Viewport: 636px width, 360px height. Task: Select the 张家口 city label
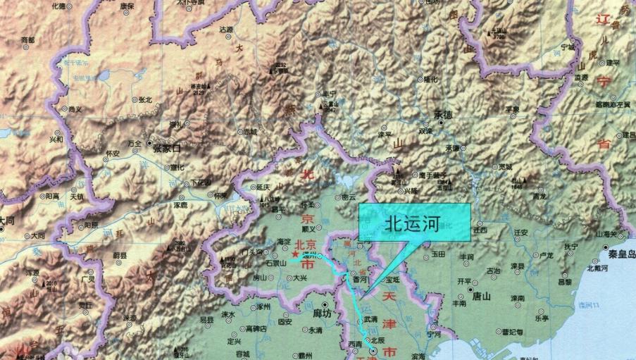pyautogui.click(x=167, y=149)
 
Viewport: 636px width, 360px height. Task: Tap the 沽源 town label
pyautogui.click(x=226, y=30)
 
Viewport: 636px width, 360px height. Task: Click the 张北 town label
pyautogui.click(x=145, y=99)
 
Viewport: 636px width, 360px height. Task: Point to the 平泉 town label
pyautogui.click(x=512, y=109)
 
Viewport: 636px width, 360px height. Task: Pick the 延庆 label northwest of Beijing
pyautogui.click(x=263, y=187)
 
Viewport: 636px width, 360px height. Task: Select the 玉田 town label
pyautogui.click(x=438, y=253)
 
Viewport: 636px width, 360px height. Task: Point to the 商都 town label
pyautogui.click(x=27, y=40)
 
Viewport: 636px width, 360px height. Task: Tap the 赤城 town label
pyautogui.click(x=250, y=131)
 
